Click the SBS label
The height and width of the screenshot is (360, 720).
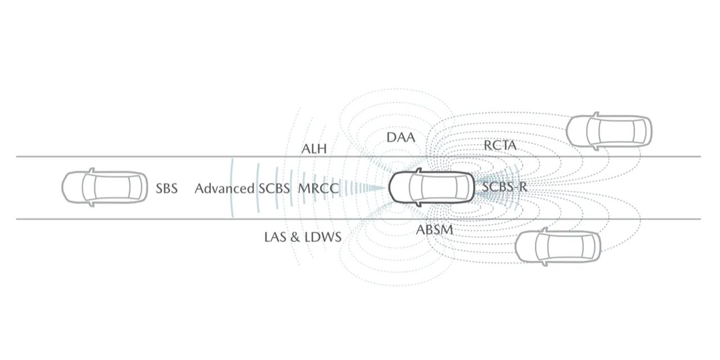[x=166, y=188]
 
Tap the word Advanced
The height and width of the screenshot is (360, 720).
[x=224, y=188]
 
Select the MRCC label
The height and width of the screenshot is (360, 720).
[x=318, y=188]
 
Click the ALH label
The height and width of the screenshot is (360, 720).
[x=314, y=149]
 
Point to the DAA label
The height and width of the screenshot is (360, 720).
[x=401, y=137]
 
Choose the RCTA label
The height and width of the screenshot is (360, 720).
[x=500, y=146]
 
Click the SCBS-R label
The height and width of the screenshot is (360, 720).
[x=505, y=187]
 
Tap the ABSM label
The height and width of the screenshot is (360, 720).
[x=434, y=230]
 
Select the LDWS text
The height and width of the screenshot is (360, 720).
[x=323, y=237]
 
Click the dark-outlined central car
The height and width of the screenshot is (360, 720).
[x=432, y=187]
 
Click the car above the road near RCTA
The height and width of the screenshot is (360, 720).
[x=609, y=131]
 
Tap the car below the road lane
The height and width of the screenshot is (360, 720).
[x=558, y=245]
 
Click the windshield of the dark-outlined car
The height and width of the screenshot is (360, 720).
[x=417, y=187]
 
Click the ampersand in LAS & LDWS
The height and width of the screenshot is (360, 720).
[x=294, y=237]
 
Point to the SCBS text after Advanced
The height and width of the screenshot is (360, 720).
[x=274, y=188]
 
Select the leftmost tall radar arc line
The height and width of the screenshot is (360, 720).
[x=232, y=187]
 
